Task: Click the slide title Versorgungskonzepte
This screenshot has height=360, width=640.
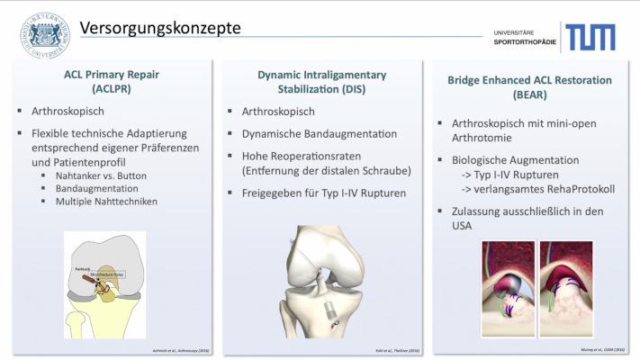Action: click(x=160, y=28)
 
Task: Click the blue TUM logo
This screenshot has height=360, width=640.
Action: click(x=590, y=37)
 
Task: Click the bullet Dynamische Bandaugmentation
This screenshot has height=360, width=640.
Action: click(x=320, y=133)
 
